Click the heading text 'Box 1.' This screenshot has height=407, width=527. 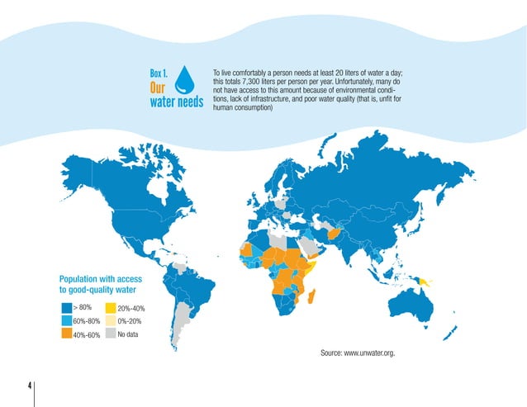coord(159,72)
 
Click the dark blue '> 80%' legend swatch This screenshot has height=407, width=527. coord(66,308)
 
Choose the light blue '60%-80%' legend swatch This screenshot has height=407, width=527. coord(66,322)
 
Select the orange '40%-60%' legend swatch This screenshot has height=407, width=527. coord(66,335)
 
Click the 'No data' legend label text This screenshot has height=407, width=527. coord(128,334)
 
